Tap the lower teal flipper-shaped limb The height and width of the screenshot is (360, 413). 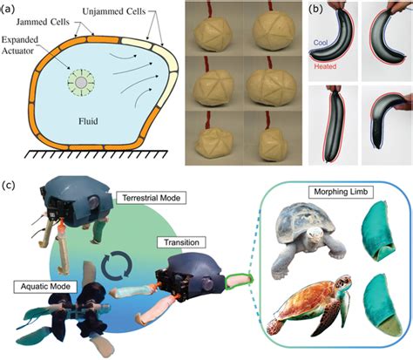[x=376, y=309]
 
